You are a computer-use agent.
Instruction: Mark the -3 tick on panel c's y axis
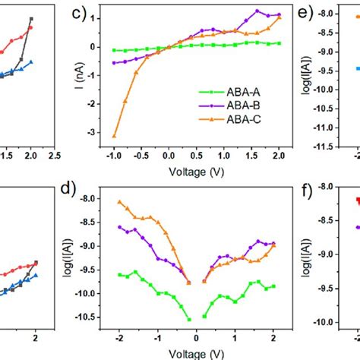96,132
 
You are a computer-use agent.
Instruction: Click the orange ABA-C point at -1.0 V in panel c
114,137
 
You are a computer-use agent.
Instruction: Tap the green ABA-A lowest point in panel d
189,320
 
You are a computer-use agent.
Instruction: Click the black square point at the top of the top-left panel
31,19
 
